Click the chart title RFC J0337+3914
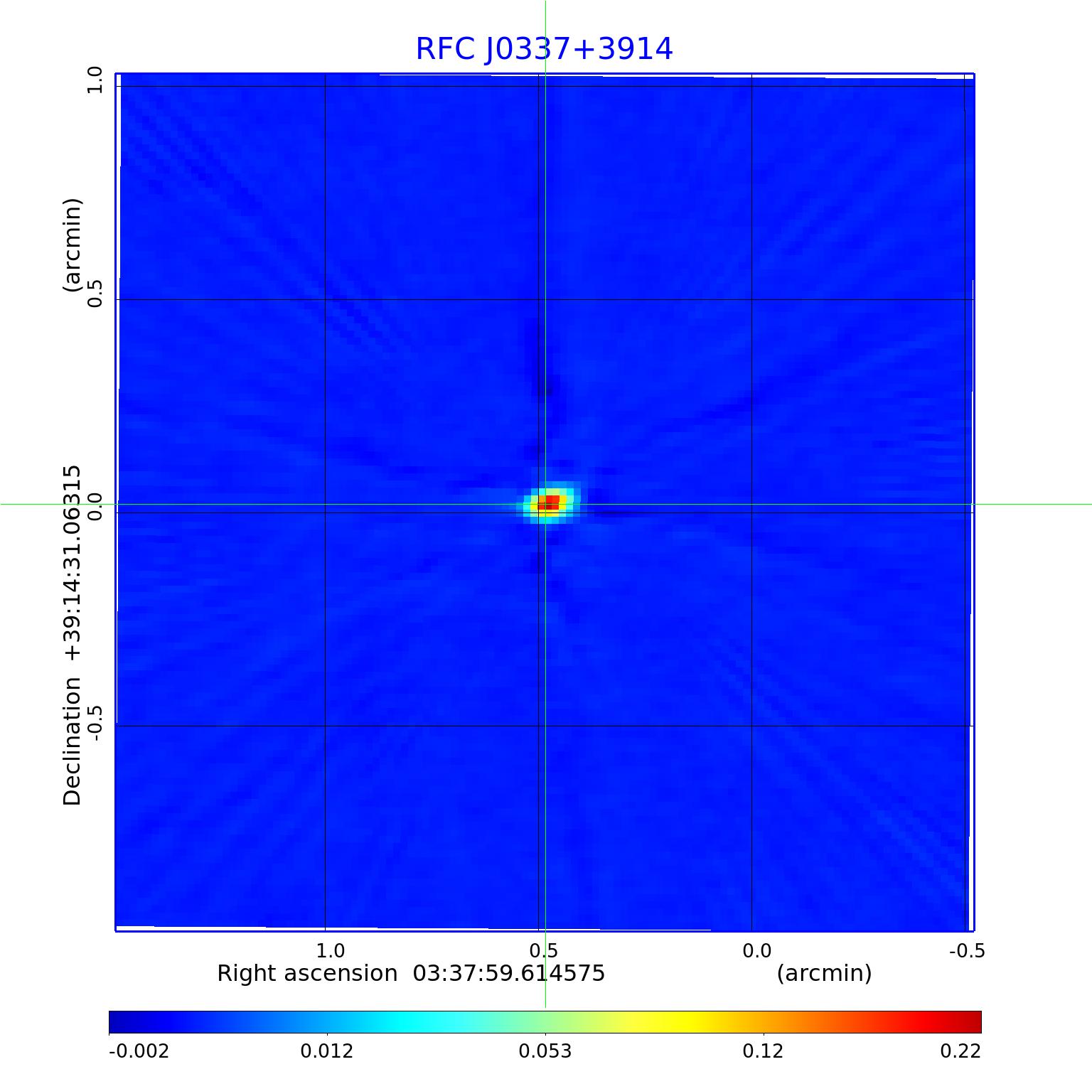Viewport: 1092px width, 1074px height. pyautogui.click(x=544, y=49)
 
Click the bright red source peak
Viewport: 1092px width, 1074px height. pyautogui.click(x=551, y=502)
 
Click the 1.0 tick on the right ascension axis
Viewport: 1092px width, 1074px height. pyautogui.click(x=330, y=951)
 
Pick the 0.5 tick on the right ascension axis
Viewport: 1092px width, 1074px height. pyautogui.click(x=543, y=951)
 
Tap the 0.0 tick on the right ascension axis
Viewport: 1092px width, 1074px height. pyautogui.click(x=756, y=951)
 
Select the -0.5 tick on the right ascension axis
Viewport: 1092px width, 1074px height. pyautogui.click(x=967, y=951)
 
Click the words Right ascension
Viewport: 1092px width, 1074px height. pyautogui.click(x=307, y=973)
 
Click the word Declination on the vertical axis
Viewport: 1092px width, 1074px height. pyautogui.click(x=73, y=741)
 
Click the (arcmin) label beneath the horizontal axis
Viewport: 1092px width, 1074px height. pyautogui.click(x=824, y=973)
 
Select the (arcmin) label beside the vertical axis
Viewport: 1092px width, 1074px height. pyautogui.click(x=73, y=245)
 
